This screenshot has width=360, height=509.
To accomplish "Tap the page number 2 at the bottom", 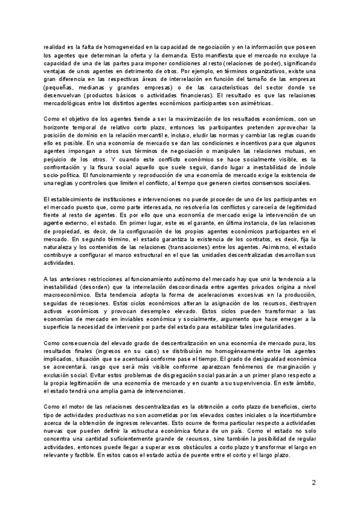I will point(313,483).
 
